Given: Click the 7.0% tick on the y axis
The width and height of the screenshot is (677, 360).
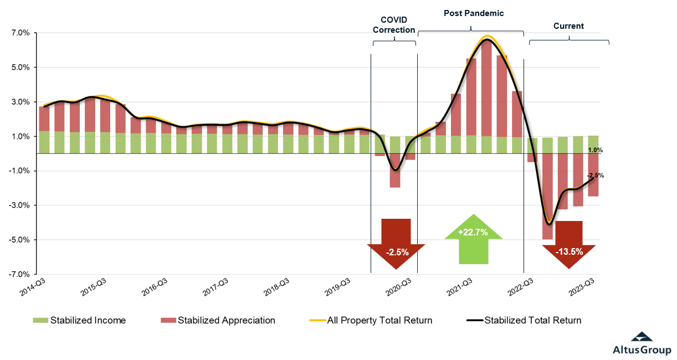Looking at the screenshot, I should click(20, 33).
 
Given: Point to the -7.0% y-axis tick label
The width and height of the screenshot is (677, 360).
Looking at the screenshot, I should click(19, 274).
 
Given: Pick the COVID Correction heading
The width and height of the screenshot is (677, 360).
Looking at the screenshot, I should click(393, 25).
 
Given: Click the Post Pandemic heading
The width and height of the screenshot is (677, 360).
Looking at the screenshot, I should click(474, 13).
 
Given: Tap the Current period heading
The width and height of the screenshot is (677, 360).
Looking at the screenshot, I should click(568, 26).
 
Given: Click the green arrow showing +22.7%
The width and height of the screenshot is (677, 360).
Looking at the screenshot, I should click(473, 238).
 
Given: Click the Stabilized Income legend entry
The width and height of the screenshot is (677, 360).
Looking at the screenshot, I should click(80, 320).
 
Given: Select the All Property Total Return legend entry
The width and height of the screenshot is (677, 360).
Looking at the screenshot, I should click(371, 320).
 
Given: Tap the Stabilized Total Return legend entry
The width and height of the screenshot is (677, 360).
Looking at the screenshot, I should click(524, 320).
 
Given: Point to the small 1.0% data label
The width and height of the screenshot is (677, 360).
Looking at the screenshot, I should click(595, 150).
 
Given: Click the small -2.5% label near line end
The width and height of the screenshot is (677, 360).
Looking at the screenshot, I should click(596, 176).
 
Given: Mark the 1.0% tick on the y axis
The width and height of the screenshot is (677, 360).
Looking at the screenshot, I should click(20, 136).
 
